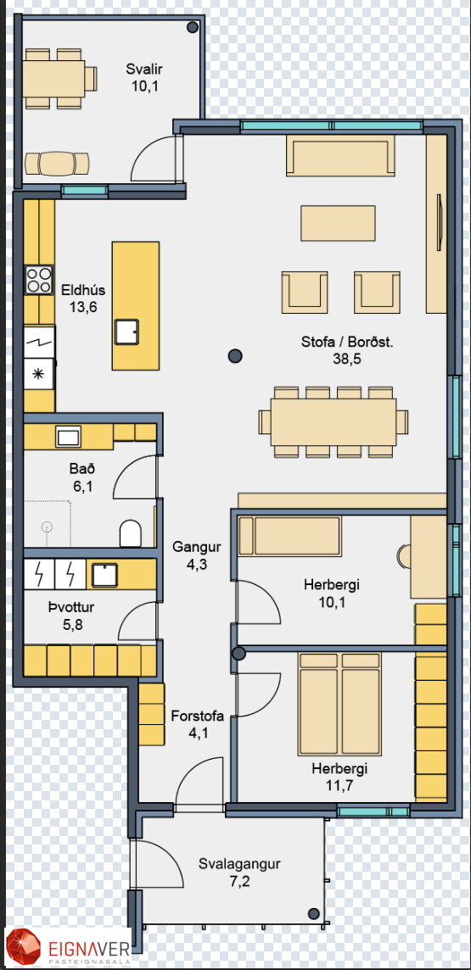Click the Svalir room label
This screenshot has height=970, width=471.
[x=145, y=69]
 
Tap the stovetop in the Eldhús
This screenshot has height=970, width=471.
[x=39, y=280]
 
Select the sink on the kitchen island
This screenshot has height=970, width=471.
[x=127, y=332]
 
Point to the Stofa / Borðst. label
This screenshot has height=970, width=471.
[x=346, y=342]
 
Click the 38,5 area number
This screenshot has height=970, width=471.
[x=346, y=358]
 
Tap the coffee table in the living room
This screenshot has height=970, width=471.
[x=338, y=223]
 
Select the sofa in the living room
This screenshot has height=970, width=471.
[x=340, y=157]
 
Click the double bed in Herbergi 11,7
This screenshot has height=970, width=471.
[x=339, y=704]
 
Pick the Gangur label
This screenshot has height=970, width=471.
[x=197, y=547]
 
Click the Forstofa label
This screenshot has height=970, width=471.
[x=197, y=717]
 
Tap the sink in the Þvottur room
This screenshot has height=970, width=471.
[x=104, y=575]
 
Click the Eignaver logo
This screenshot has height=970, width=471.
[x=68, y=948]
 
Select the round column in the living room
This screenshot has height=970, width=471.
[x=234, y=356]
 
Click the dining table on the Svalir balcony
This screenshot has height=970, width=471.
[x=54, y=78]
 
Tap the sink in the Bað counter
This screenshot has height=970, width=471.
[x=67, y=437]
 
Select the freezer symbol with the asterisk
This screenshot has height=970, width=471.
[x=39, y=375]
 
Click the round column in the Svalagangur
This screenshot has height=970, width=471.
[x=314, y=913]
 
